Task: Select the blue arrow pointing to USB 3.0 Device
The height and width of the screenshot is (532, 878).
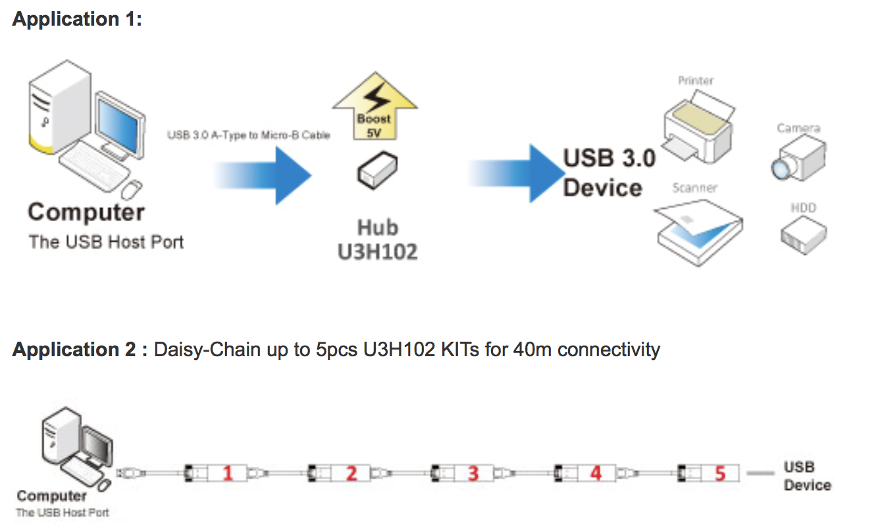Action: tap(513, 173)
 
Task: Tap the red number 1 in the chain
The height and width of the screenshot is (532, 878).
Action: tap(228, 473)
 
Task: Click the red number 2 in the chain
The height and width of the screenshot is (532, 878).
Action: tap(351, 473)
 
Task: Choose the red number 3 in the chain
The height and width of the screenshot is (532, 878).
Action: tap(473, 473)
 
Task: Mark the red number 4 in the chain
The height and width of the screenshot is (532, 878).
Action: tap(596, 473)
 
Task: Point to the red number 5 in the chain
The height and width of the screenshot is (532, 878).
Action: tap(719, 473)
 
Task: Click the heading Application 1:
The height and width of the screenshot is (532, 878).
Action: tap(78, 19)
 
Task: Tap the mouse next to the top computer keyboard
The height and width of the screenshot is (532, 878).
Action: tap(132, 189)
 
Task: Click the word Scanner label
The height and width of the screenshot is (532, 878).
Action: tap(694, 188)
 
